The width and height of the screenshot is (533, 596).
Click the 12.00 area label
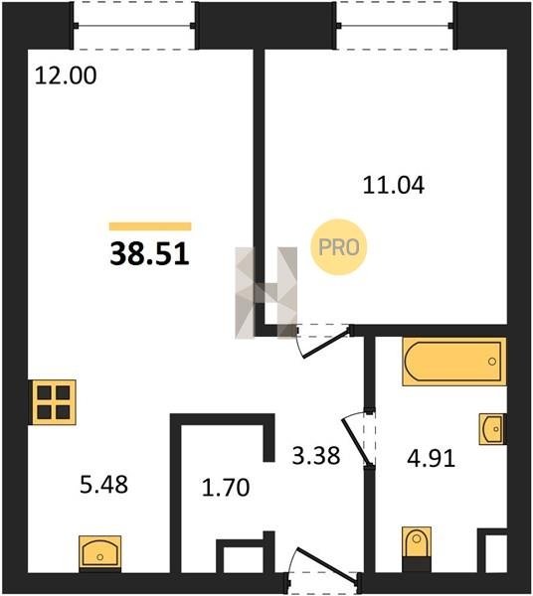(66, 75)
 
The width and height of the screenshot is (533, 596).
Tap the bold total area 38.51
(149, 254)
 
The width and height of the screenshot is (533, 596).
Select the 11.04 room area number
(394, 186)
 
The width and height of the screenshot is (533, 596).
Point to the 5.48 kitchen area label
(103, 485)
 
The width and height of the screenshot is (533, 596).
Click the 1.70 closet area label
(226, 488)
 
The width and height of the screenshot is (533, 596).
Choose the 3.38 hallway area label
(316, 455)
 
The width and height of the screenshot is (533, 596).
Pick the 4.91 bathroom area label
(431, 458)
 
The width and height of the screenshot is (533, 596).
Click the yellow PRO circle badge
(338, 247)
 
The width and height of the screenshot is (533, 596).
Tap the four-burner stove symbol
(54, 402)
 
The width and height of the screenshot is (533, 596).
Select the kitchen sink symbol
(100, 553)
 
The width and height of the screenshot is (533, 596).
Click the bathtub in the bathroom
(454, 362)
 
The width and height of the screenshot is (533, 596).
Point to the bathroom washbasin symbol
(492, 429)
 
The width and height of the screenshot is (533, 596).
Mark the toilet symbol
(417, 549)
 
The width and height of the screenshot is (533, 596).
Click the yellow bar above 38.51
(150, 226)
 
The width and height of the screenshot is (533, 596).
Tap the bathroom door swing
(360, 438)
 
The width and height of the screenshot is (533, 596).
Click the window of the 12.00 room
(134, 26)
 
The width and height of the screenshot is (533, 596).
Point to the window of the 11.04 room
(396, 26)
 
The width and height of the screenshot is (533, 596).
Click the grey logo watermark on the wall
(266, 293)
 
